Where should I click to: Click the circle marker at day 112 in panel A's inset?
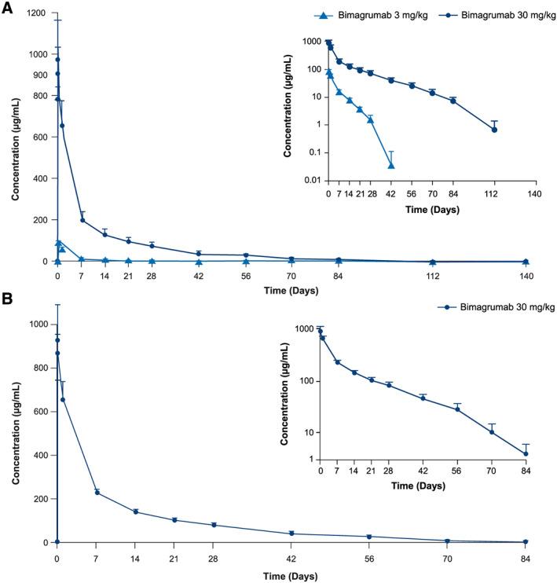(494, 130)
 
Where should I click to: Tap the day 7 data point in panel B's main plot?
(96, 493)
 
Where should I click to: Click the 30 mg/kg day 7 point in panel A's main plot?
(82, 220)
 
